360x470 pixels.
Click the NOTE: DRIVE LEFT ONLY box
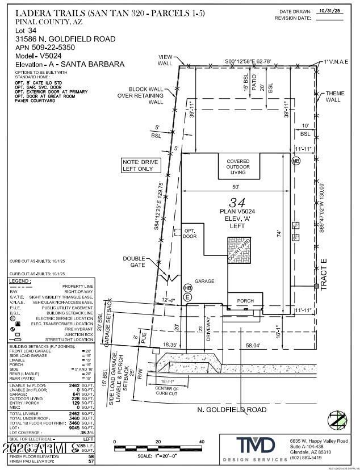point(141,165)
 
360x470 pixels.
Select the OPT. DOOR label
point(190,233)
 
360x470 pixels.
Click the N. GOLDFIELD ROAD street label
point(232,409)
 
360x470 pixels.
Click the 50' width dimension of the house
point(235,186)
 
